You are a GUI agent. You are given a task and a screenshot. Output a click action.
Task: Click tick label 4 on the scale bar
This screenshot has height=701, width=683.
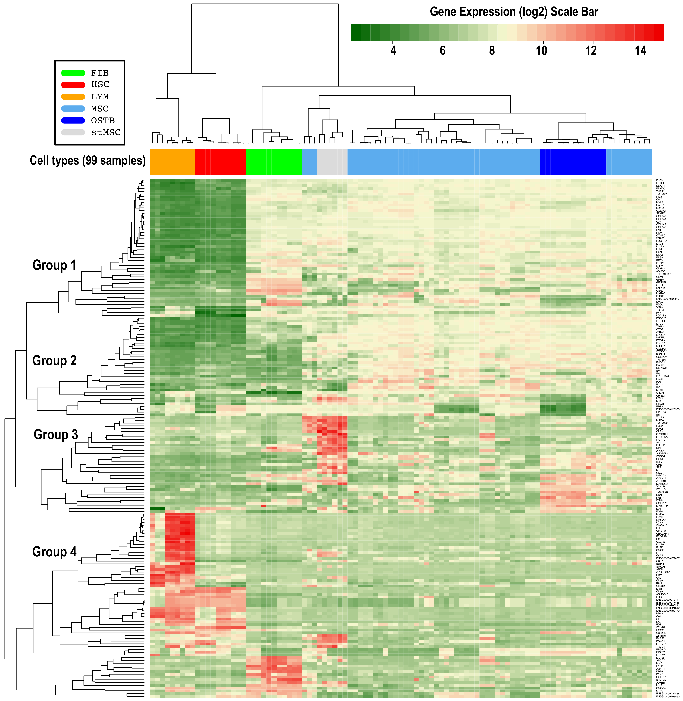(x=393, y=51)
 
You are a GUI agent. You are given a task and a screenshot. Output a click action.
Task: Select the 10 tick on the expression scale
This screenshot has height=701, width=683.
(x=541, y=51)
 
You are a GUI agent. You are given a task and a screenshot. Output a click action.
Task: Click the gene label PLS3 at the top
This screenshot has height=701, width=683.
(x=659, y=180)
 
